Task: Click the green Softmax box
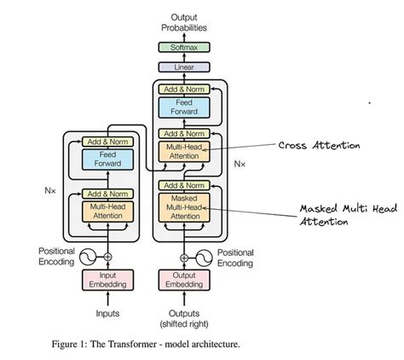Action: (184, 49)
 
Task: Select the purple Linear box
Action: (184, 67)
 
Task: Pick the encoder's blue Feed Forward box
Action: (107, 159)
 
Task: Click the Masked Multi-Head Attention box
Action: (184, 207)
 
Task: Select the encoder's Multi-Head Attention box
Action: (107, 210)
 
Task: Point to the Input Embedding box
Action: (107, 277)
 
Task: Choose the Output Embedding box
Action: (184, 277)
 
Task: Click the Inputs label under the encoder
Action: (107, 313)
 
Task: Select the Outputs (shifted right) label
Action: (184, 317)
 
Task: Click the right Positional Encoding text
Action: (234, 258)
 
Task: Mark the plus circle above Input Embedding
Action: (107, 256)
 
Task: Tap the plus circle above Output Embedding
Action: (184, 256)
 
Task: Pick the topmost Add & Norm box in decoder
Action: (184, 88)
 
